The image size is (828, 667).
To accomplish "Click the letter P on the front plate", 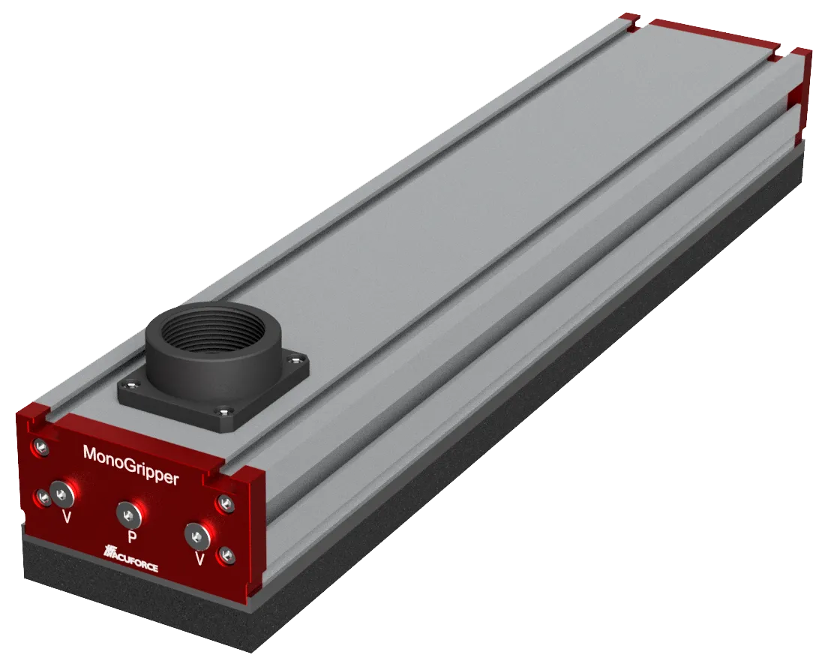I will (132, 536).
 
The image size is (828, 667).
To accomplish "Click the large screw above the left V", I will (60, 492).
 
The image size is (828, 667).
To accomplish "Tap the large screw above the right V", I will (196, 536).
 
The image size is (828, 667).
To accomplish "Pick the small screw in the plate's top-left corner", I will (40, 448).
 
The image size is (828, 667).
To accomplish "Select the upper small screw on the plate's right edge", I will (223, 503).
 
